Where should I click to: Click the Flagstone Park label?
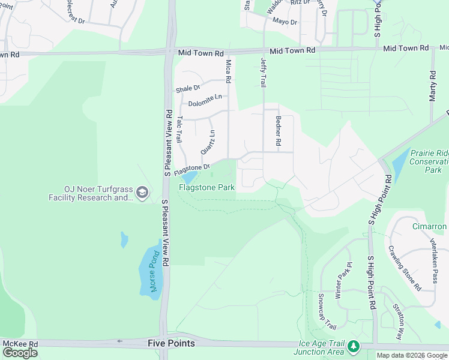(x=206, y=187)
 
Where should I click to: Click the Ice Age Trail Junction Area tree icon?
(x=354, y=346)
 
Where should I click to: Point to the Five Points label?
(x=171, y=343)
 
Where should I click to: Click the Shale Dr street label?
(x=187, y=89)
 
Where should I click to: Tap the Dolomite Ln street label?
(x=205, y=100)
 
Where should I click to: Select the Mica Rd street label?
(x=228, y=71)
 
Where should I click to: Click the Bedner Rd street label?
(x=278, y=131)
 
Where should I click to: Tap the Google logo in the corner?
(x=20, y=352)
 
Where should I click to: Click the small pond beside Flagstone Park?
(x=188, y=178)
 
